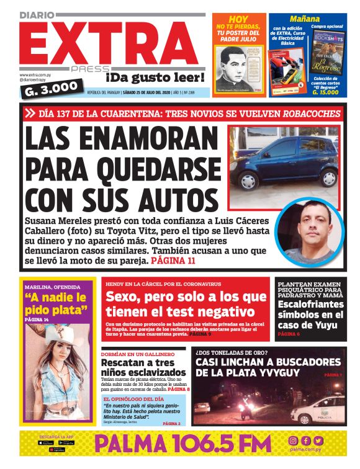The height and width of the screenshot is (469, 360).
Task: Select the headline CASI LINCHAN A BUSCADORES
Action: point(268,362)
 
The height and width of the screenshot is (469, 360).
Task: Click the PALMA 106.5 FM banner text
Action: point(183,445)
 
